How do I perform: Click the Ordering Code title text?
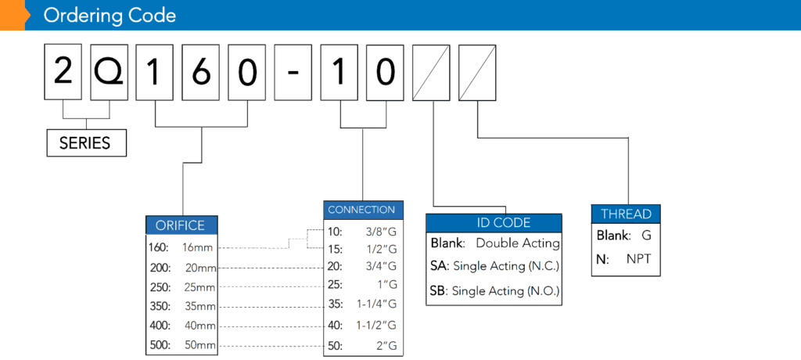(110, 16)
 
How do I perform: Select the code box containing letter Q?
(109, 72)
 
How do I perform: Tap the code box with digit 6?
(201, 72)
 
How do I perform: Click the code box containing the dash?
(293, 72)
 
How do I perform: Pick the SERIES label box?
(86, 142)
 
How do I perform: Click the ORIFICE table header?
(181, 225)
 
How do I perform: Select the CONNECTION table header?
(363, 210)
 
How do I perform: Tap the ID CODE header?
(494, 223)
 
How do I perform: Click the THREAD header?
(626, 214)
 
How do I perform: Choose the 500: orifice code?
(160, 344)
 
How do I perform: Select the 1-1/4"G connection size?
(376, 304)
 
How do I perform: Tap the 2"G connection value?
(386, 346)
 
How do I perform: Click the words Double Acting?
(518, 243)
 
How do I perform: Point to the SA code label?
(439, 266)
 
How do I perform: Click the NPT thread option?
(638, 259)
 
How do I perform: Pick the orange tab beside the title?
(13, 16)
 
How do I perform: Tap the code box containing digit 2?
(63, 72)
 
